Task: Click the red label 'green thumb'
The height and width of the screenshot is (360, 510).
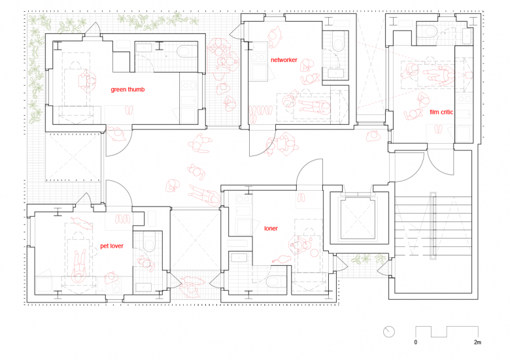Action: point(127,90)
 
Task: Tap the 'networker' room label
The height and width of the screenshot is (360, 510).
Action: point(284,60)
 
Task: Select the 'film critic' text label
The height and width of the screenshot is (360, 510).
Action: point(441,112)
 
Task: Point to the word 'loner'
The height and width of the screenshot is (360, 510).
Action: point(271,229)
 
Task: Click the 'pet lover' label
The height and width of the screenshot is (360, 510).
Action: point(112,246)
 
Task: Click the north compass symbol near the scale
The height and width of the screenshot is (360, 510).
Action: point(388,332)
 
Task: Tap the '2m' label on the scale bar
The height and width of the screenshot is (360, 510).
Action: point(477,342)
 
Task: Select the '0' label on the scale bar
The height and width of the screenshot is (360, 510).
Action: point(416,342)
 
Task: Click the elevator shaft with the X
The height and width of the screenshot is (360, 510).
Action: point(358,218)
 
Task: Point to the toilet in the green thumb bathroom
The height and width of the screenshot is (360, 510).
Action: point(187,52)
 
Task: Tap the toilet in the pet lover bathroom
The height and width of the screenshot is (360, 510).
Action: point(149,241)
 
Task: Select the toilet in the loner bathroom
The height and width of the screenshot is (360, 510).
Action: point(276,281)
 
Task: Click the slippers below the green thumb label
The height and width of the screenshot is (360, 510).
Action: point(129,110)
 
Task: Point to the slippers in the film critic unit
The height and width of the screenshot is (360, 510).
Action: point(439,129)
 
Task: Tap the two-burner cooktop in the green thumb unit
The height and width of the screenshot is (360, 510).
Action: point(190,86)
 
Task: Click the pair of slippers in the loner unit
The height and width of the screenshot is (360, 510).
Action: point(301,197)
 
